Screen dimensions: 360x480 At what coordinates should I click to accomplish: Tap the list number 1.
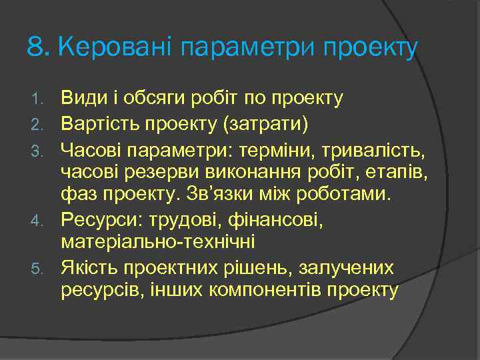pos(38,100)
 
